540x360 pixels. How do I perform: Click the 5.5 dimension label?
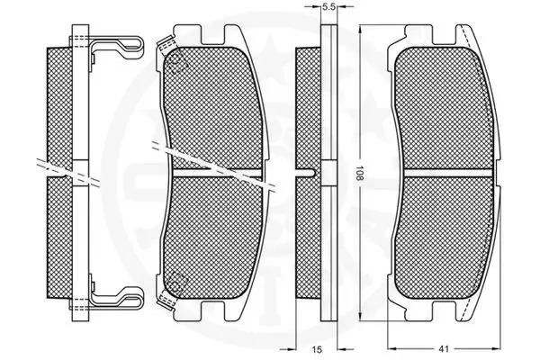[328, 7]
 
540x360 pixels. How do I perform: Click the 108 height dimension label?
[359, 174]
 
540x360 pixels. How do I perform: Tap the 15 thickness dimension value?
[317, 350]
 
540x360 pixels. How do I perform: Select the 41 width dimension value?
[444, 349]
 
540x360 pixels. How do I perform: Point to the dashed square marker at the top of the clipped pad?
[176, 63]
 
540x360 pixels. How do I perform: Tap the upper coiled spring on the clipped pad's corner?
[166, 45]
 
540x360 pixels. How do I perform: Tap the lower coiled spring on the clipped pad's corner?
[166, 298]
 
